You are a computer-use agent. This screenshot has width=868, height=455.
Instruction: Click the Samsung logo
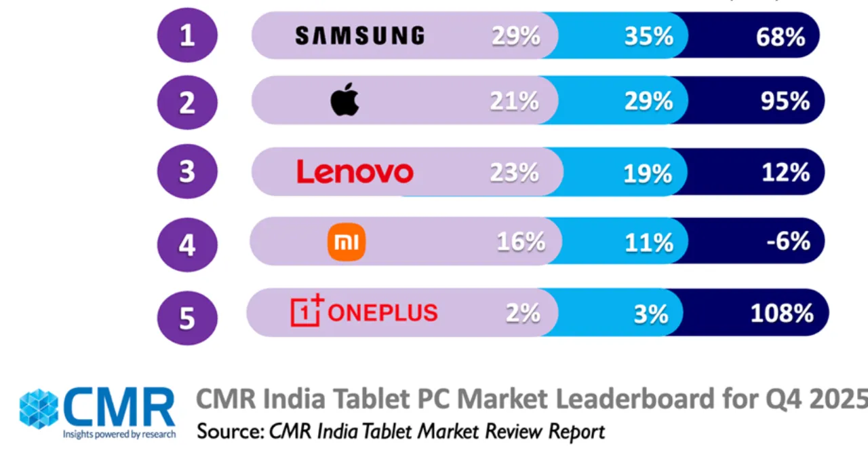click(x=359, y=35)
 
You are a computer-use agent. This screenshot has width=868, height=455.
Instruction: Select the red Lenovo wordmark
click(x=355, y=172)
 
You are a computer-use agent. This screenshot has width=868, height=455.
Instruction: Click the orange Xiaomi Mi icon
click(x=347, y=242)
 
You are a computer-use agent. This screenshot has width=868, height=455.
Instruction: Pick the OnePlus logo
click(x=364, y=312)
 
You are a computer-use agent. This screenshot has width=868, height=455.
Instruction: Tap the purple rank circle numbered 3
click(x=187, y=172)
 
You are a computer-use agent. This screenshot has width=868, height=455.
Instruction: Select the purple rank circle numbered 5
click(x=187, y=316)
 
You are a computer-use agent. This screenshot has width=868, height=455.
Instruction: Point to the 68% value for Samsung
click(x=780, y=37)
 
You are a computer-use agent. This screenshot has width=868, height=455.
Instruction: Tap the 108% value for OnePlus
click(x=781, y=313)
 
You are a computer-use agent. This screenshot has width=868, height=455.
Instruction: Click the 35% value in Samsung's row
click(x=649, y=37)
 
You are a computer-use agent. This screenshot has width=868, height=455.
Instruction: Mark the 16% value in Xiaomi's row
click(x=520, y=242)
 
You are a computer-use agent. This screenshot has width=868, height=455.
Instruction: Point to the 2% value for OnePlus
click(x=523, y=312)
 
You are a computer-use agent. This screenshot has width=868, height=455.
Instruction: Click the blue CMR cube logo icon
click(x=39, y=409)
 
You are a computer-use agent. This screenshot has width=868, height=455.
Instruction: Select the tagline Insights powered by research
click(x=119, y=434)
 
